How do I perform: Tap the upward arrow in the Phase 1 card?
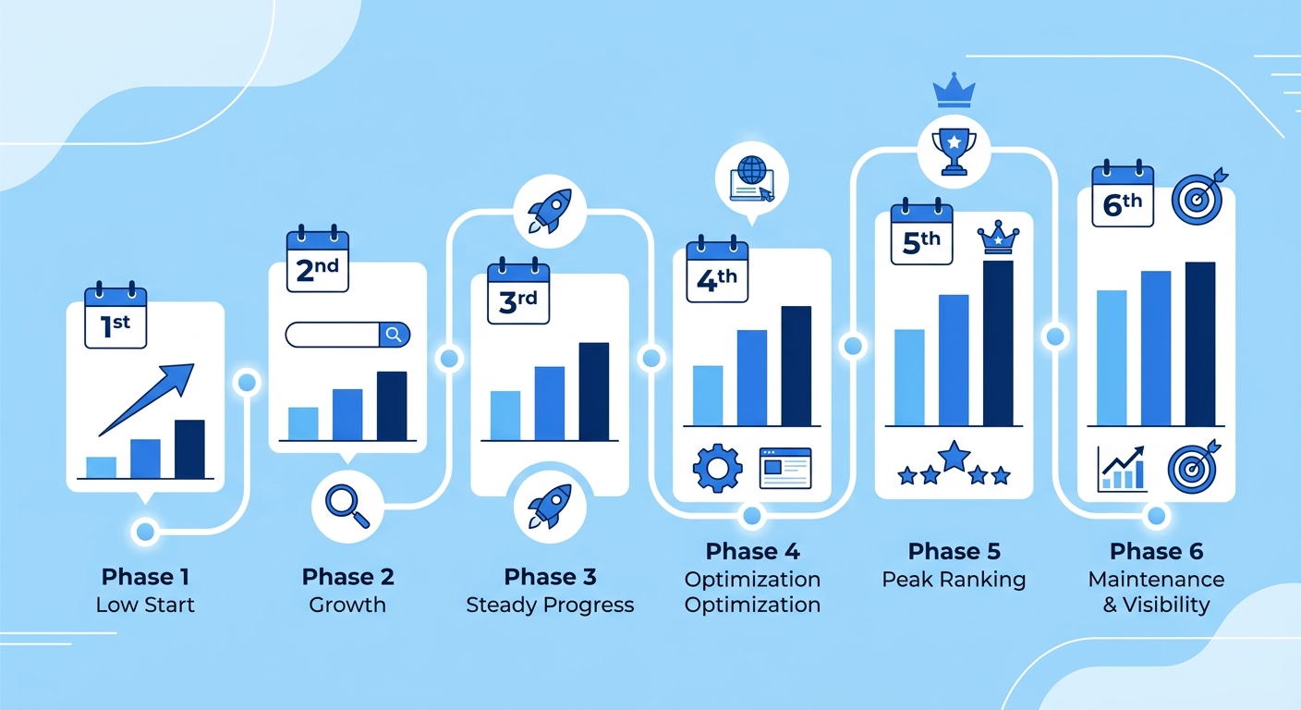[146, 399]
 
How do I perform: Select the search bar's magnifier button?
[395, 335]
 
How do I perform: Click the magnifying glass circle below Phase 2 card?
[347, 507]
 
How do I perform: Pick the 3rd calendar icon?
[518, 290]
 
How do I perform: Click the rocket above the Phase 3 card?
[550, 211]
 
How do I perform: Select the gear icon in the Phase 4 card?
[717, 469]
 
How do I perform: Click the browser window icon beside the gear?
[785, 468]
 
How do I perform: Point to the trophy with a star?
[954, 151]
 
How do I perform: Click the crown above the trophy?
[954, 90]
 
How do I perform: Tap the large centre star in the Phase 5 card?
[954, 456]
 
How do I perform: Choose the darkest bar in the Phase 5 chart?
[998, 343]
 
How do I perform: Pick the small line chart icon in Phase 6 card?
[1122, 469]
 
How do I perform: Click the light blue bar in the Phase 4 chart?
[708, 396]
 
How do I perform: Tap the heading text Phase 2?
[348, 577]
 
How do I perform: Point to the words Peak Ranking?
[954, 580]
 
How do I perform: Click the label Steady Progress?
[550, 606]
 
